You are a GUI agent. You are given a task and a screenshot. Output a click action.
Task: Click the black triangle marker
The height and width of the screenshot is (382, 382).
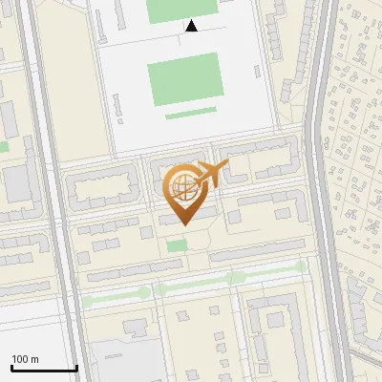pos(192,27)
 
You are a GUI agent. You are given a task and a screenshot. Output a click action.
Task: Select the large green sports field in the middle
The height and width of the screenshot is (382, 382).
pos(184,75)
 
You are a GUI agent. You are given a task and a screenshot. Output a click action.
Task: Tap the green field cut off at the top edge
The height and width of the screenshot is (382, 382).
pos(182,9)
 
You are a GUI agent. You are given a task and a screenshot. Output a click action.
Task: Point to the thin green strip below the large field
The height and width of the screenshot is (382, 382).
pos(190,114)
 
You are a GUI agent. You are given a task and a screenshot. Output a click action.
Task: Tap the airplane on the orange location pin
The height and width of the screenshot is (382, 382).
pos(212,174)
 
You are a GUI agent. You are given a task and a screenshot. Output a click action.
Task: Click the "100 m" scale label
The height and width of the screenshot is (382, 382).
pos(25,359)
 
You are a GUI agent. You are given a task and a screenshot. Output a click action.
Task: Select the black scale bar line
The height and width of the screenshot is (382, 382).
pos(44,368)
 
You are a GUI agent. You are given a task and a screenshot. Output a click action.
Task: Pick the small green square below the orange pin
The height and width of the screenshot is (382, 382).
pos(177,246)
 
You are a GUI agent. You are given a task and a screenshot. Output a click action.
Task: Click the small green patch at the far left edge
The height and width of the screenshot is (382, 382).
pos(3,147)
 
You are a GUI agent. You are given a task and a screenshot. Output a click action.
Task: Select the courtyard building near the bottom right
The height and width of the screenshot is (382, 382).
pos(278,329)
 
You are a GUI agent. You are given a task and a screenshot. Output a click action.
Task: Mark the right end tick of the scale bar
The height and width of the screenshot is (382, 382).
pos(76,368)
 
